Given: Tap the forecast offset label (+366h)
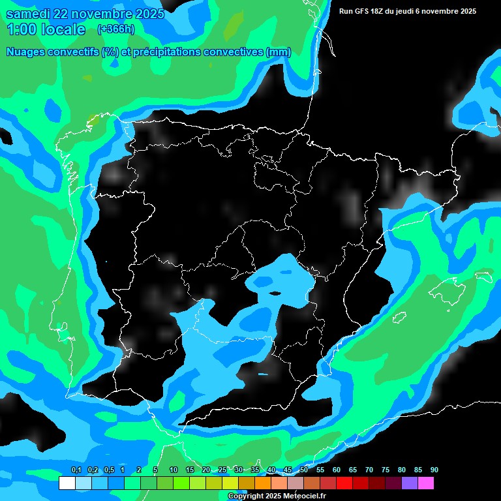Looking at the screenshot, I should click(x=115, y=29).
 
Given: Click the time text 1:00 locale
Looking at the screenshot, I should click(x=46, y=29).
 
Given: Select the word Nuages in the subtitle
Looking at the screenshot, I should click(x=27, y=52).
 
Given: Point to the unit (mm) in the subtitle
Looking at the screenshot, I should click(x=279, y=52).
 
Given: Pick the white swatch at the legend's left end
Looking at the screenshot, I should click(x=67, y=483).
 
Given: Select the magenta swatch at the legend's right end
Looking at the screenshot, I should click(x=426, y=483).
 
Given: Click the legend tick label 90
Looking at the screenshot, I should click(x=434, y=470).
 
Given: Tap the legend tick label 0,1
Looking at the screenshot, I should click(x=76, y=470).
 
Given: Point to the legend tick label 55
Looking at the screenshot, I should click(x=320, y=470).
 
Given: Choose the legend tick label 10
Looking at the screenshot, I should click(x=173, y=470).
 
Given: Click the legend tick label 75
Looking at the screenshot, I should click(x=385, y=470).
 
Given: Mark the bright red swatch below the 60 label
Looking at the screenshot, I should click(x=344, y=483).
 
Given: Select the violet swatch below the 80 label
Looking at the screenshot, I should click(x=410, y=483).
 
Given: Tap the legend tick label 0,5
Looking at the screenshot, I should click(x=108, y=470).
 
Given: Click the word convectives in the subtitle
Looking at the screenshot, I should click(x=234, y=52).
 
